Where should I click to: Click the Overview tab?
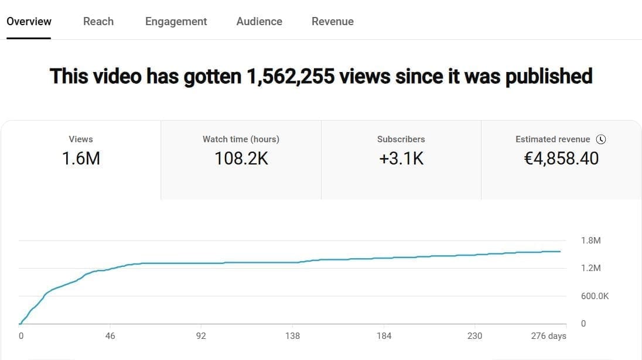point(29,22)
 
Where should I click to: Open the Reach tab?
point(98,22)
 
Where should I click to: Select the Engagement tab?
point(176,22)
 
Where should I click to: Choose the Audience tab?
point(259,22)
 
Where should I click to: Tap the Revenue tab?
point(332,22)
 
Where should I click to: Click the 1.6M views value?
point(81,158)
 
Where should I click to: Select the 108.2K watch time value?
point(241,158)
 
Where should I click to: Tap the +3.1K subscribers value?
point(401,158)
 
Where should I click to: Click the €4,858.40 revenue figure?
point(561,158)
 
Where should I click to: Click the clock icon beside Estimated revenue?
point(600,139)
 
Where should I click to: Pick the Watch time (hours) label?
point(241,139)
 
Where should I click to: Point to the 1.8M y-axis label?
point(590,241)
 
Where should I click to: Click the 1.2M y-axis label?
point(590,268)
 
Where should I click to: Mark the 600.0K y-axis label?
point(595,296)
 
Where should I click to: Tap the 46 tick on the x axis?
point(110,336)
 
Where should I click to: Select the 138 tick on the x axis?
point(292,336)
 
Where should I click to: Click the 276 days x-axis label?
point(548,336)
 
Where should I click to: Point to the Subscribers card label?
point(401,139)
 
